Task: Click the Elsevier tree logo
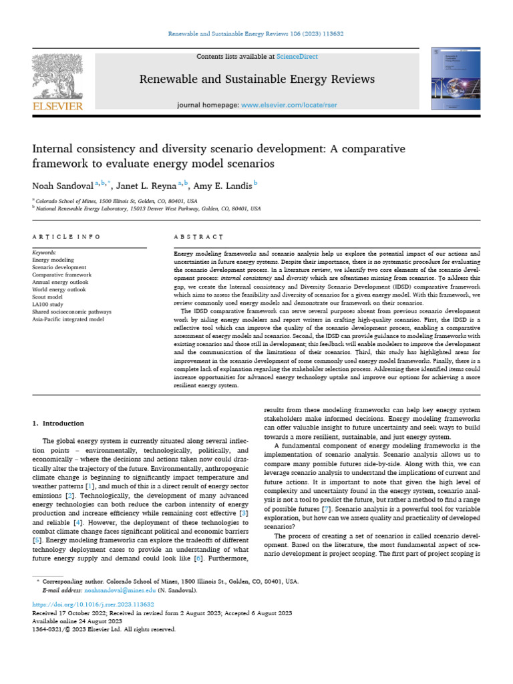pyautogui.click(x=57, y=75)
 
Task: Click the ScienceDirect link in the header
pyautogui.click(x=299, y=57)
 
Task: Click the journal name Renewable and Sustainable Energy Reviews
pyautogui.click(x=256, y=79)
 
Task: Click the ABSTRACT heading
pyautogui.click(x=198, y=236)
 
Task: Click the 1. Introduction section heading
pyautogui.click(x=59, y=423)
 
